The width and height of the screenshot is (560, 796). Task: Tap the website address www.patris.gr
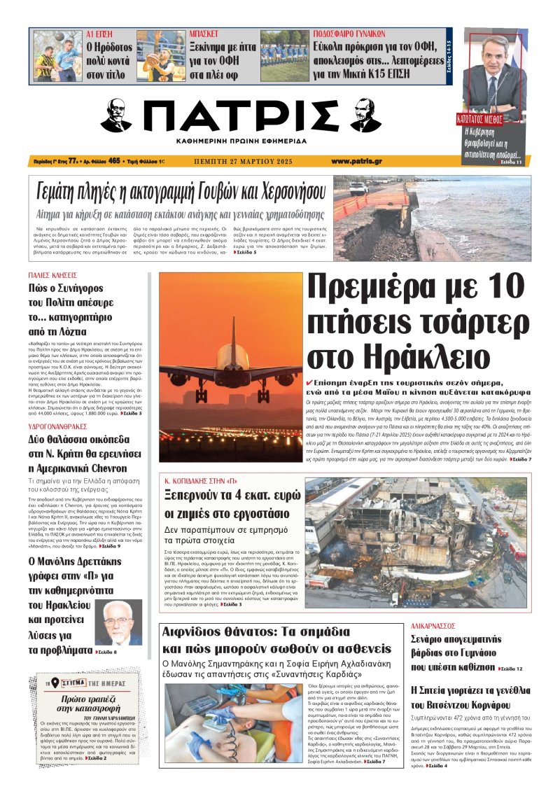point(337,160)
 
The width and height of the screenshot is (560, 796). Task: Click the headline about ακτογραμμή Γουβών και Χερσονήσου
point(181,190)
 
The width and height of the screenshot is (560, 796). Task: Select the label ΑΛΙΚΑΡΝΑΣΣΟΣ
point(433,626)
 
